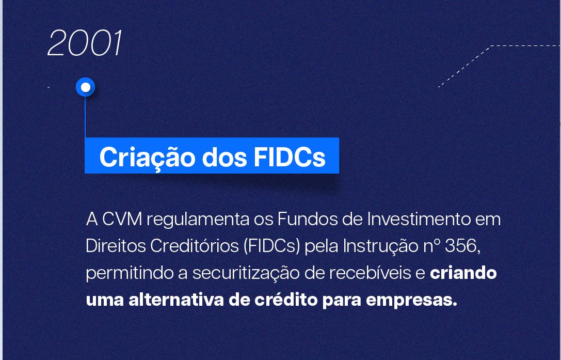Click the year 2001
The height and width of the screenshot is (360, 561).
click(85, 43)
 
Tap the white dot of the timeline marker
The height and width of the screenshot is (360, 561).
click(86, 87)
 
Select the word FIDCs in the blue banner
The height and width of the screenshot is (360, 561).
click(290, 156)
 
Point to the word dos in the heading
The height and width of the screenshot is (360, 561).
click(225, 156)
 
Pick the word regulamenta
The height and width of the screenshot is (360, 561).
click(198, 220)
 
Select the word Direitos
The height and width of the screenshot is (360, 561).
click(116, 246)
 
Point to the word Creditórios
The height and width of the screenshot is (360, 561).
click(194, 246)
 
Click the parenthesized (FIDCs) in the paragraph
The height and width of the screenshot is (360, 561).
click(271, 246)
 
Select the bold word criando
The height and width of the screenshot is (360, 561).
click(463, 273)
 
